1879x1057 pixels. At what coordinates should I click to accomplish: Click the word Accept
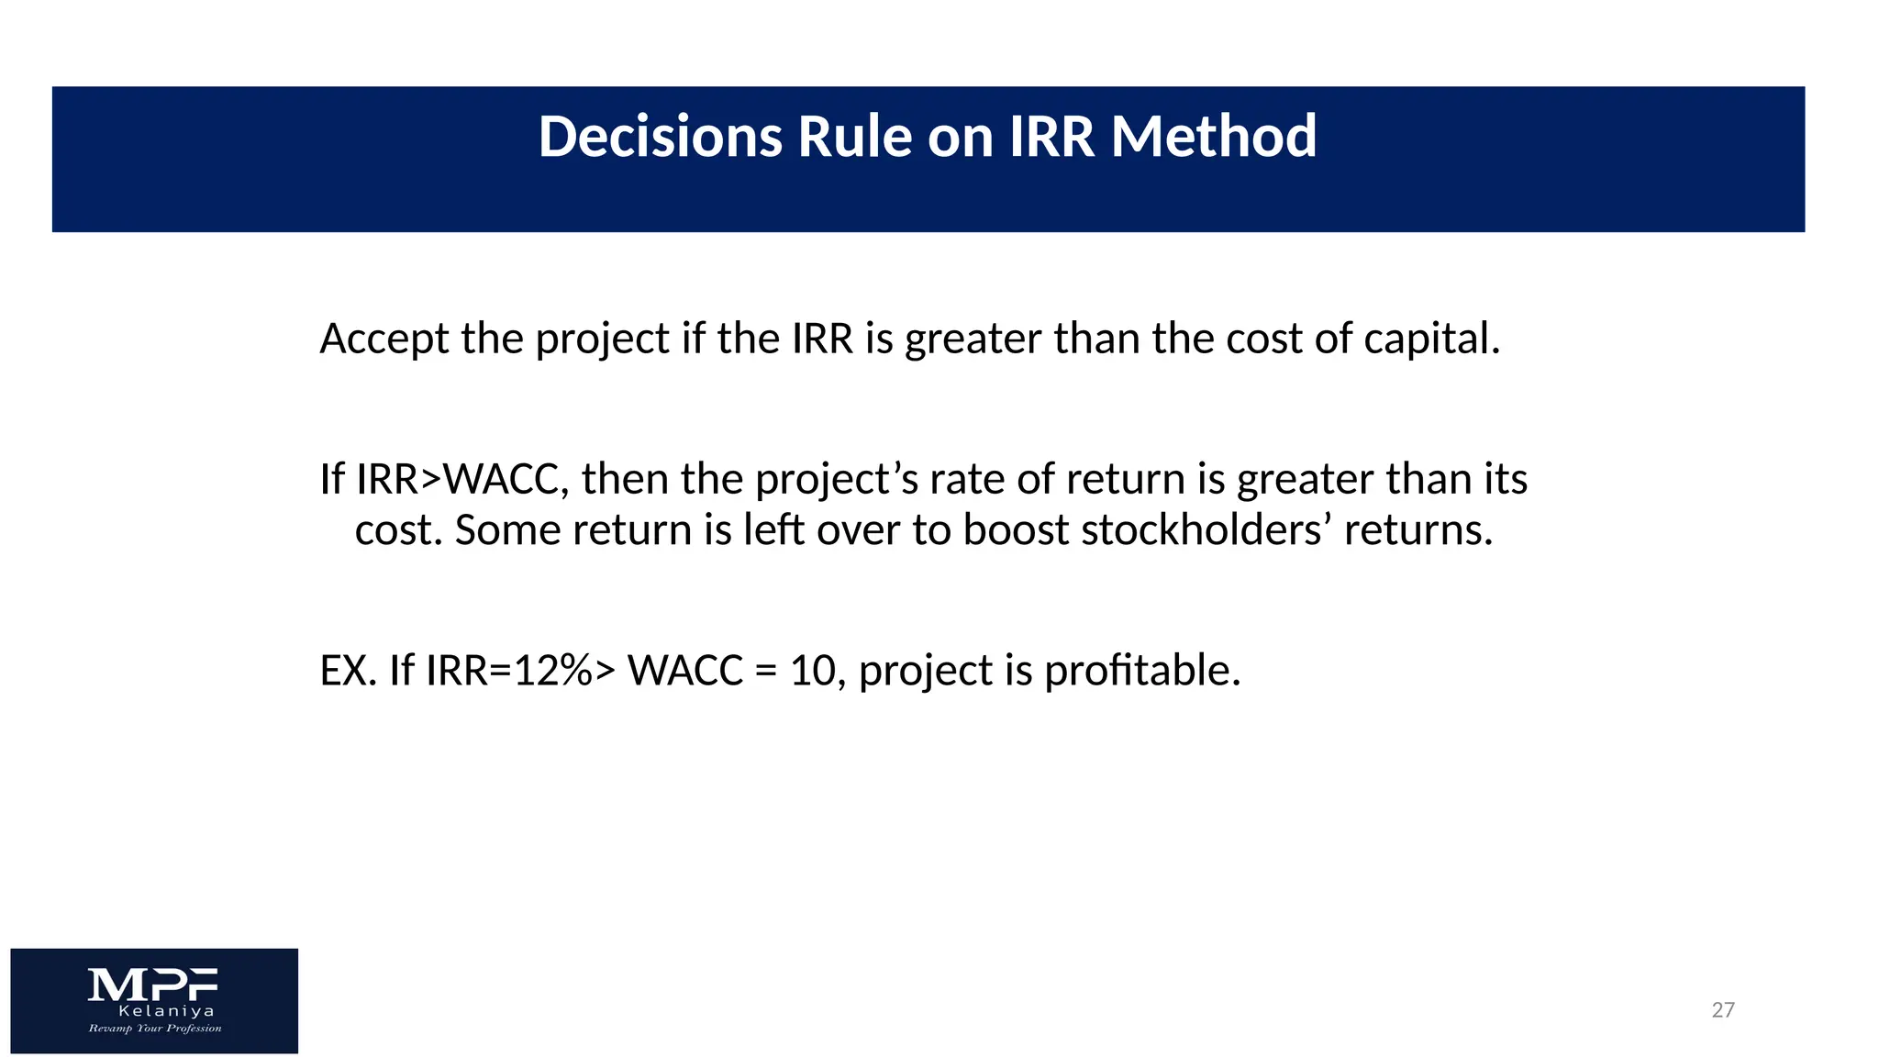pyautogui.click(x=384, y=339)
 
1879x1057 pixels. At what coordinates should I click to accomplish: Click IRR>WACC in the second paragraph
pyautogui.click(x=447, y=480)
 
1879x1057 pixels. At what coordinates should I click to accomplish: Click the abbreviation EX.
pyautogui.click(x=348, y=671)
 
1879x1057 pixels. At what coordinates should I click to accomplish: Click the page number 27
pyautogui.click(x=1723, y=1010)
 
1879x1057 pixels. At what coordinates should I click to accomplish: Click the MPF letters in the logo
pyautogui.click(x=153, y=985)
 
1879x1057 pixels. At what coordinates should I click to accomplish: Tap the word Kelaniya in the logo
pyautogui.click(x=167, y=1011)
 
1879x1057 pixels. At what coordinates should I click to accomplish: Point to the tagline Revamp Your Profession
pyautogui.click(x=155, y=1029)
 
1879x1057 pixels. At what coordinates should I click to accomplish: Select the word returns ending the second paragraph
pyautogui.click(x=1418, y=530)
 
